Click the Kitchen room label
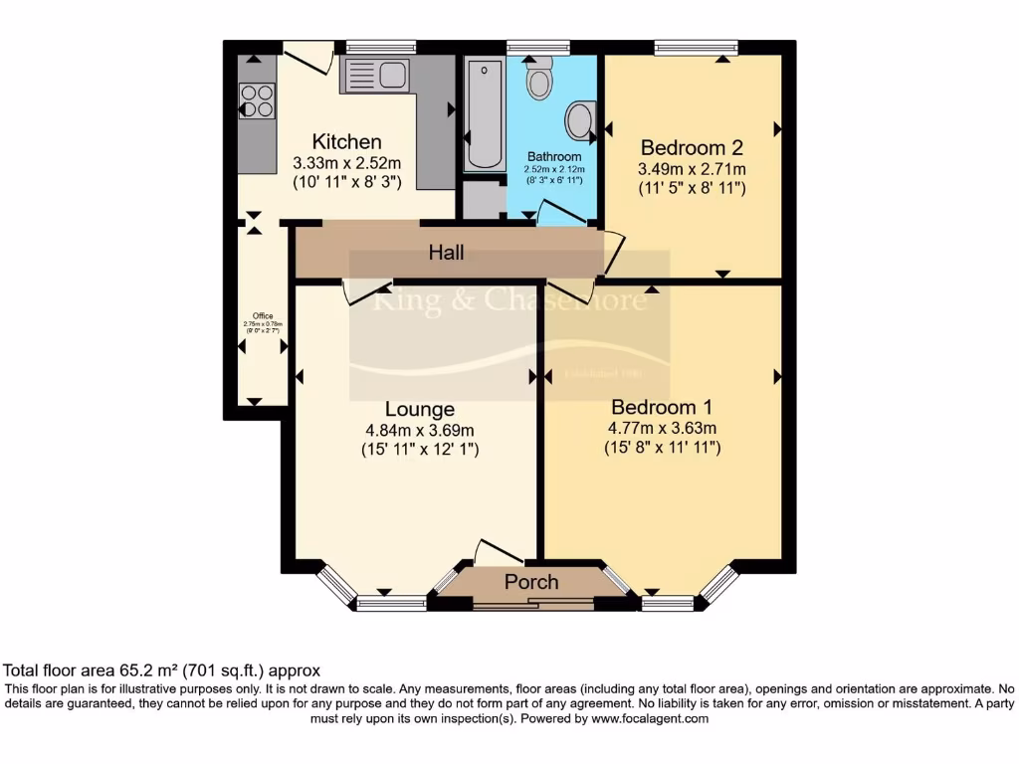346,141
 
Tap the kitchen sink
374,75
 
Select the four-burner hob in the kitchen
257,100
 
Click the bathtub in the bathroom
485,112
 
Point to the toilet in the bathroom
539,79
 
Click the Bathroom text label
554,157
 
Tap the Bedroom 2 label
692,146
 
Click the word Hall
447,254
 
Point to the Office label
262,316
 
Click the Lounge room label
420,409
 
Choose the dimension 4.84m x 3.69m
420,430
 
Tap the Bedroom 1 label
662,407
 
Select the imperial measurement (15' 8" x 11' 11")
662,448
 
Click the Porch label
531,582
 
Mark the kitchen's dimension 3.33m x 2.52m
346,163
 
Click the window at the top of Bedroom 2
696,47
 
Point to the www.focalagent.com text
650,718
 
